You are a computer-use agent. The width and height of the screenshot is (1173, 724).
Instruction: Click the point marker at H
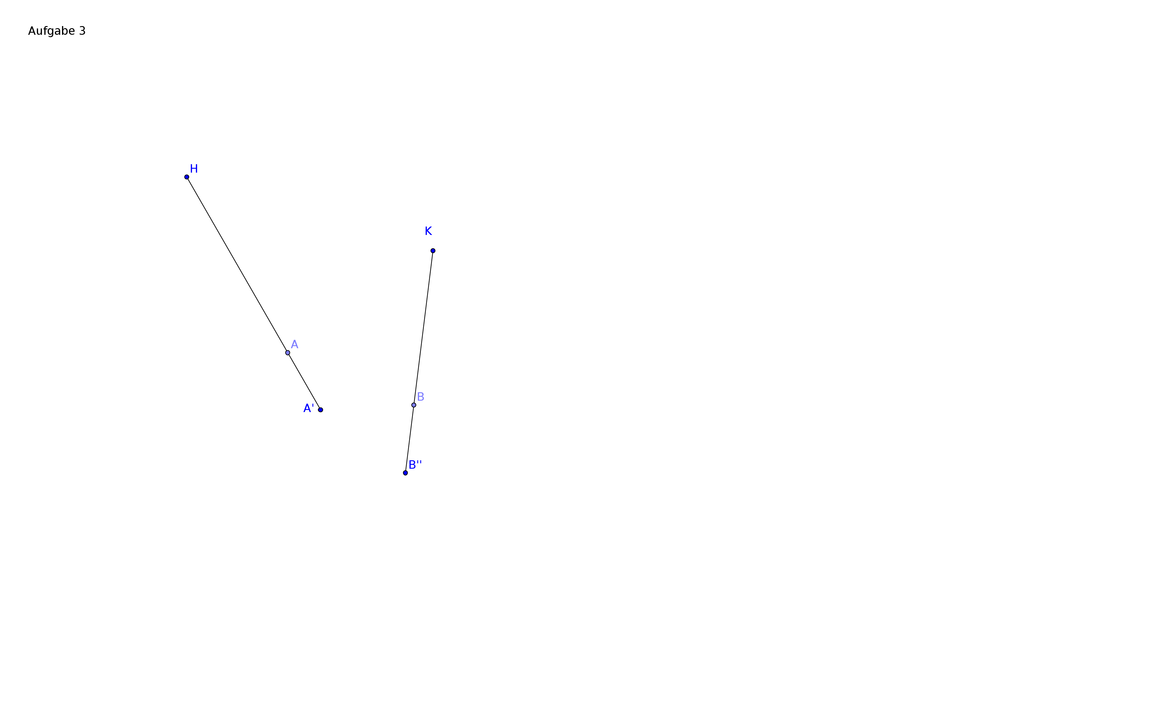tap(187, 177)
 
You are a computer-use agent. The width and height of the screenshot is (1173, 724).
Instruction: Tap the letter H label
tap(194, 169)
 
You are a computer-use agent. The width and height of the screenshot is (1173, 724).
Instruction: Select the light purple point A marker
tap(288, 353)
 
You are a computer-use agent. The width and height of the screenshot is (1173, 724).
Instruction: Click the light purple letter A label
tap(294, 344)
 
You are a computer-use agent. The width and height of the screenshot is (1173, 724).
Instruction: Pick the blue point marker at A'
tap(321, 410)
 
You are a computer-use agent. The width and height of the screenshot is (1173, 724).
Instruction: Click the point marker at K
tap(433, 251)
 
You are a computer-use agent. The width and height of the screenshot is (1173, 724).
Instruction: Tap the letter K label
tap(428, 231)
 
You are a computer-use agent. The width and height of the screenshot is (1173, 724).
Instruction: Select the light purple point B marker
tap(414, 405)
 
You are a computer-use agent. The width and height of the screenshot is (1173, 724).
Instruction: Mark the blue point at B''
tap(405, 473)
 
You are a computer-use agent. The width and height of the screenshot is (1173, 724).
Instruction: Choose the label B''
tap(415, 465)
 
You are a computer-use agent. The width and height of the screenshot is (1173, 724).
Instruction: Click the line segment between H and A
tap(237, 265)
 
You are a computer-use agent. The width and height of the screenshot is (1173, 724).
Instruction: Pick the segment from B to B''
tap(410, 439)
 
